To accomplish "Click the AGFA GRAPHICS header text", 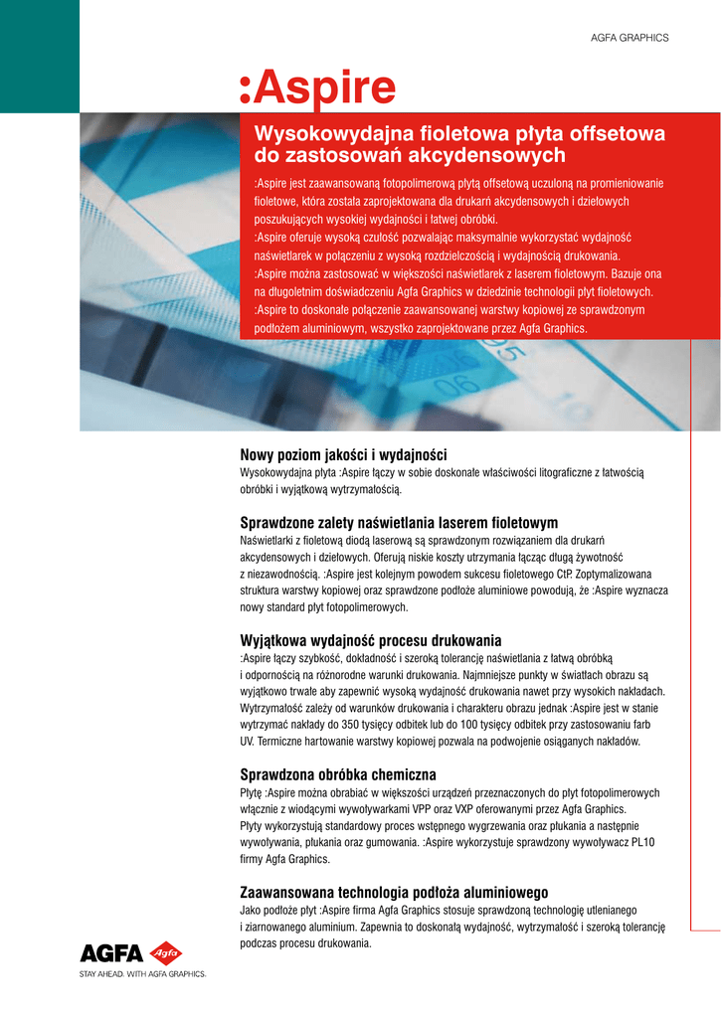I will tap(630, 38).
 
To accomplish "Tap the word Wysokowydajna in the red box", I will tap(328, 133).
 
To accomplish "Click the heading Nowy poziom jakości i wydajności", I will tap(344, 454).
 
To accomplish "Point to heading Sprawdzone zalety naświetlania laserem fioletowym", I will tap(399, 523).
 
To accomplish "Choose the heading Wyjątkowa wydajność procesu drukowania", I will tap(371, 639).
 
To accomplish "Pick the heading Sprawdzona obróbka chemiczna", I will tap(339, 774).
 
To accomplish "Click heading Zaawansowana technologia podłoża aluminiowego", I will tap(395, 892).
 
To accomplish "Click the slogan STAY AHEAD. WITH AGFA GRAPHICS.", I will tap(142, 975).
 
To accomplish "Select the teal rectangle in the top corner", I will tap(39, 56).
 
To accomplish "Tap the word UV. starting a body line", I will tap(249, 742).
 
